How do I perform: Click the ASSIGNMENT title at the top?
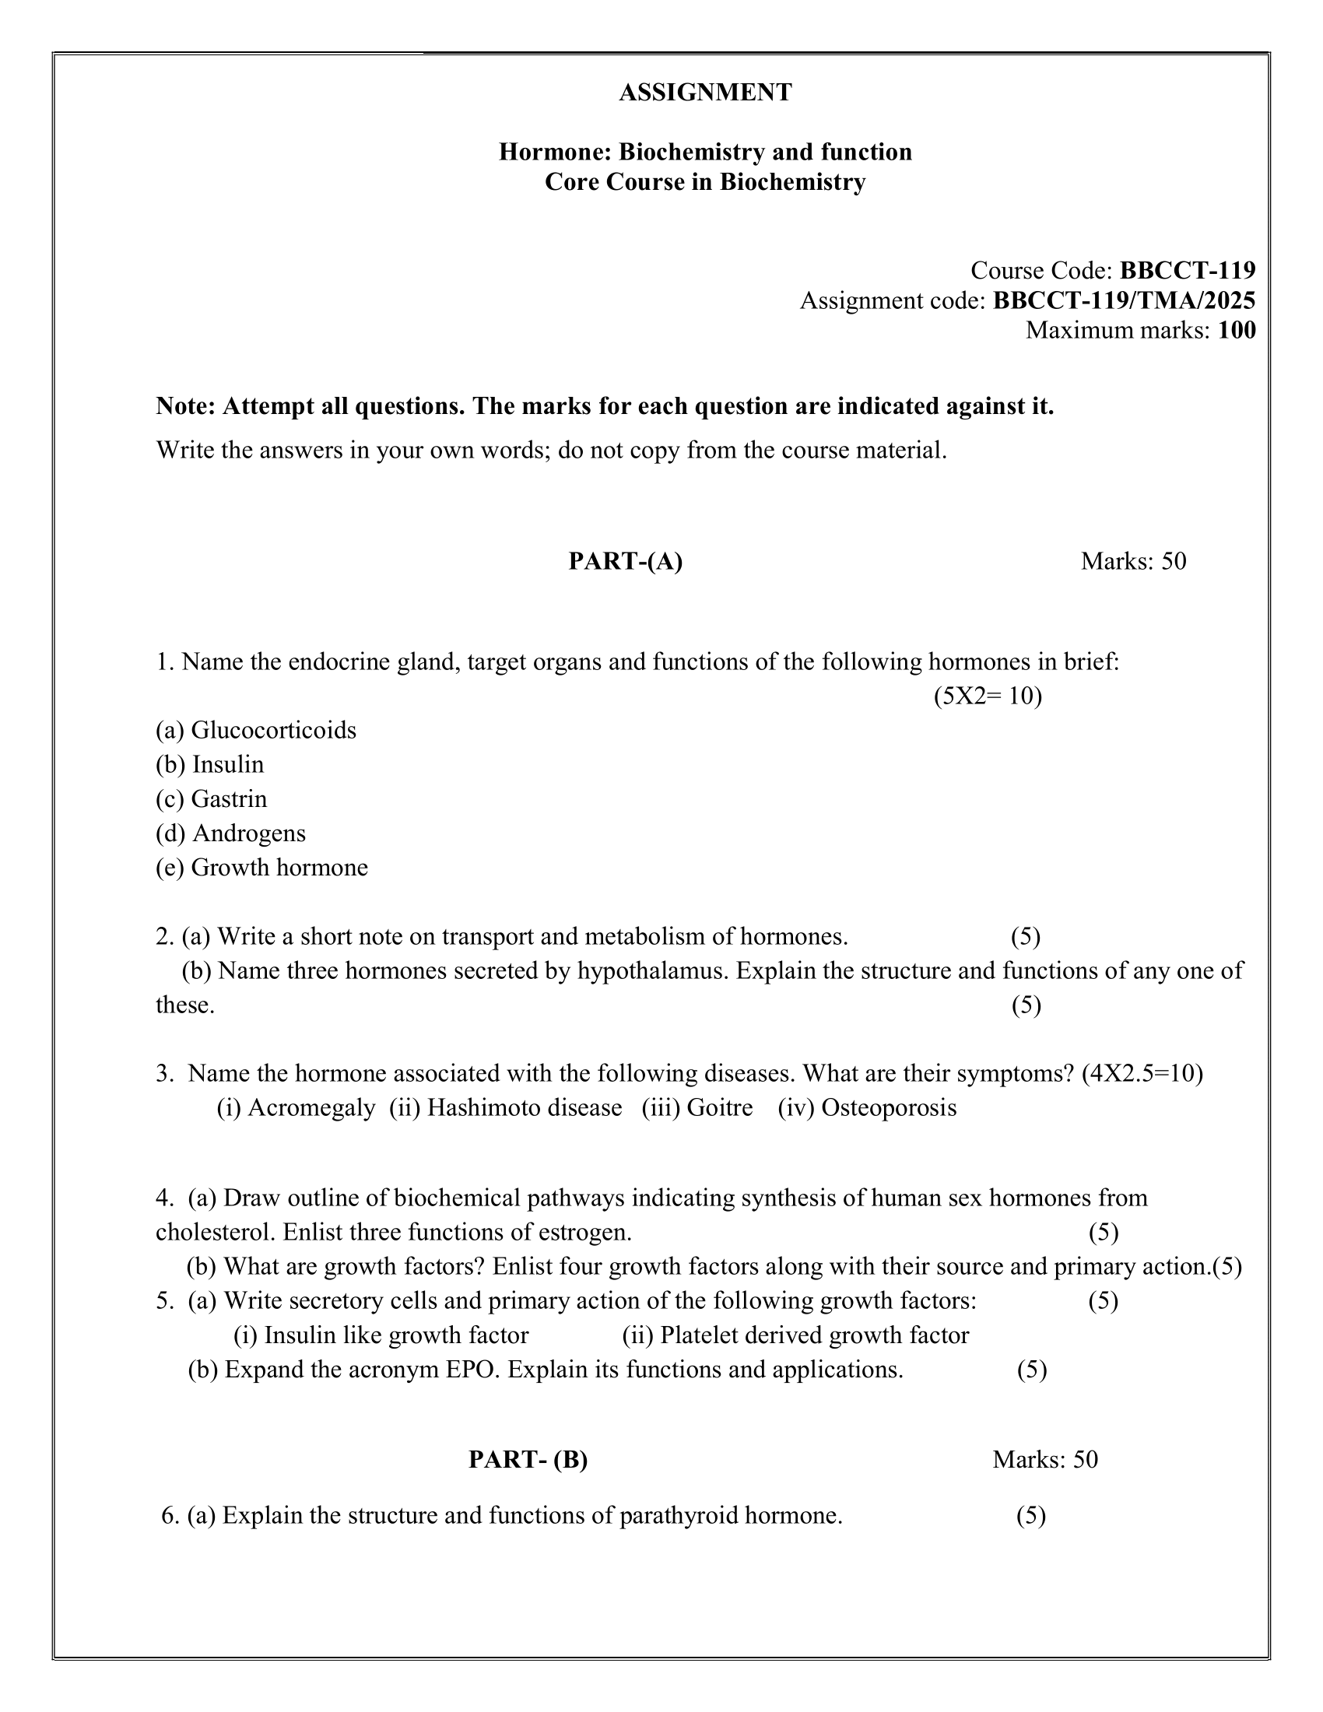705,93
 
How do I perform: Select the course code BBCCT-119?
1188,271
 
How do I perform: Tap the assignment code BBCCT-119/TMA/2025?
1124,300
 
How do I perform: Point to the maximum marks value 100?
1237,330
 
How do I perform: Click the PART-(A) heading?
626,561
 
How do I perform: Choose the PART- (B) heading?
528,1459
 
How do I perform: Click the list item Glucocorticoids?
273,730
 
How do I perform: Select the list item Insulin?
228,764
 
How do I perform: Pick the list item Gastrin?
229,798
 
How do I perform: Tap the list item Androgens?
248,833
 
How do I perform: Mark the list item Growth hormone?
279,867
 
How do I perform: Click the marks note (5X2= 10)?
988,696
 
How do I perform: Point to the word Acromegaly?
311,1107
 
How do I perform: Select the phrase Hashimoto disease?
525,1107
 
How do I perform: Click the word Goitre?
719,1107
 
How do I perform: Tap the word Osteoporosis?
889,1107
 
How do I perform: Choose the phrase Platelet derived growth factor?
814,1335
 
